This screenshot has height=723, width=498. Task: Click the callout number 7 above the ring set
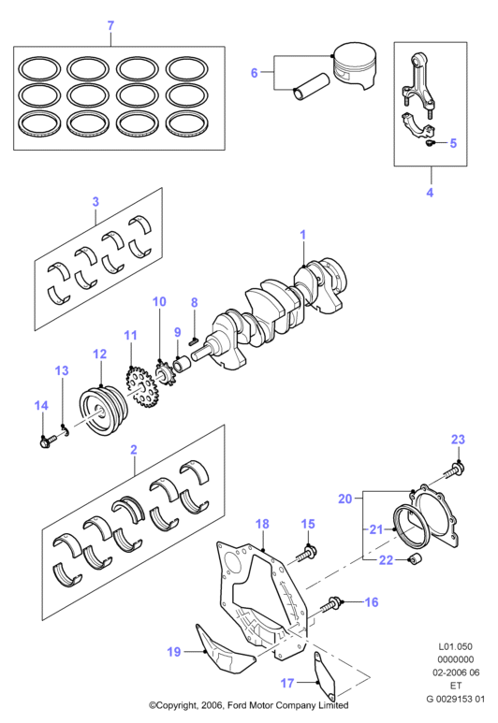point(110,25)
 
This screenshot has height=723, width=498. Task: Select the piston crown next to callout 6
point(355,65)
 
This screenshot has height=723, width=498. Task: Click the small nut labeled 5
point(431,144)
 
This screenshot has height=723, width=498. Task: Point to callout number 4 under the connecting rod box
point(430,193)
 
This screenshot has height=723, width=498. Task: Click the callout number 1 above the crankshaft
point(302,234)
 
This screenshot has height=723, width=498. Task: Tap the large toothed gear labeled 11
point(141,386)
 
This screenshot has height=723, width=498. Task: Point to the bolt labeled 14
point(46,441)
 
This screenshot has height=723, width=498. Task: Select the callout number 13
point(62,370)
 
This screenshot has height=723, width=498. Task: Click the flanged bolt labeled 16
point(332,604)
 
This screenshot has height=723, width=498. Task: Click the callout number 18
point(262,524)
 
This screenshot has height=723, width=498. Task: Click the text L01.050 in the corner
point(455,646)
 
